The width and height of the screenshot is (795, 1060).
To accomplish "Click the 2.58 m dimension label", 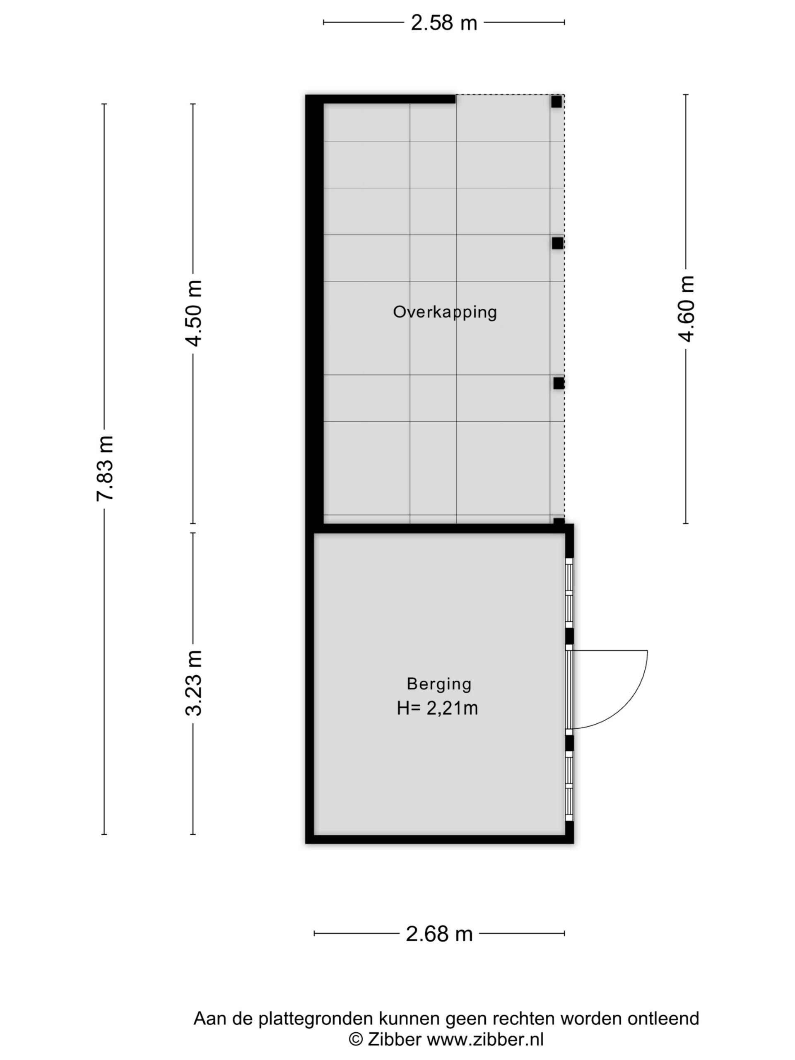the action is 444,22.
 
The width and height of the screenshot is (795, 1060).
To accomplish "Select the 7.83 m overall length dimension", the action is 105,468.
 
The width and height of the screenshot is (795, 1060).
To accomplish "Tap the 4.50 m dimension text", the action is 194,313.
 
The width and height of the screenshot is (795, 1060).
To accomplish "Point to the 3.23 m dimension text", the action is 194,683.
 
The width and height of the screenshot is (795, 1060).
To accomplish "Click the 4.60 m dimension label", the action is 686,309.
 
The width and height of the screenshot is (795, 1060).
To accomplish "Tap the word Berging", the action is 439,684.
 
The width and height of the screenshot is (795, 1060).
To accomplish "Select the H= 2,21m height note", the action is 437,708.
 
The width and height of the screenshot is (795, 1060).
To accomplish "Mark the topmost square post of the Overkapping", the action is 556,101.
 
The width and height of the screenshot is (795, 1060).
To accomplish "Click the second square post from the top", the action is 557,243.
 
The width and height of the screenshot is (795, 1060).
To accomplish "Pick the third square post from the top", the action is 558,383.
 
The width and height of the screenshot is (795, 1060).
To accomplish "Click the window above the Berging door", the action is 569,593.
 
